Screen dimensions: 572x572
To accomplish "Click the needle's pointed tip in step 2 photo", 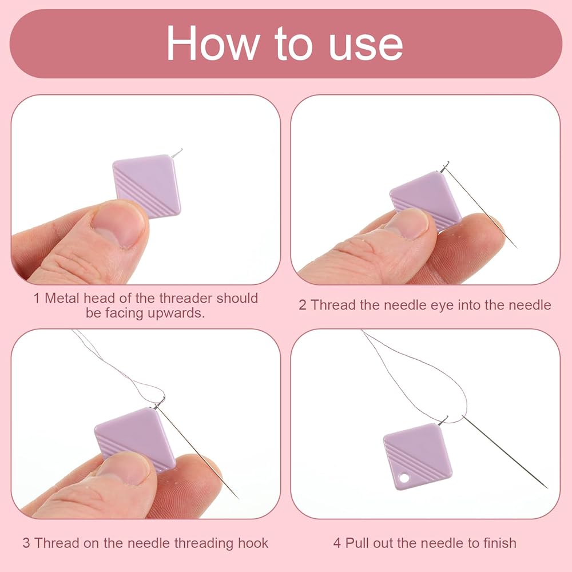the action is coord(517,248).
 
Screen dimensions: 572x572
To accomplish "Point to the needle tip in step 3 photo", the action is coord(238,498).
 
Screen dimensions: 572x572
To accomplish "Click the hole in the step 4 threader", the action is coord(404,478).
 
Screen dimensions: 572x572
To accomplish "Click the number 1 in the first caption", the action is coord(37,299).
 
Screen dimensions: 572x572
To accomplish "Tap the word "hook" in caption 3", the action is coord(253,543).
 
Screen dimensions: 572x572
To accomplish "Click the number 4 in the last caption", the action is coord(337,543).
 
